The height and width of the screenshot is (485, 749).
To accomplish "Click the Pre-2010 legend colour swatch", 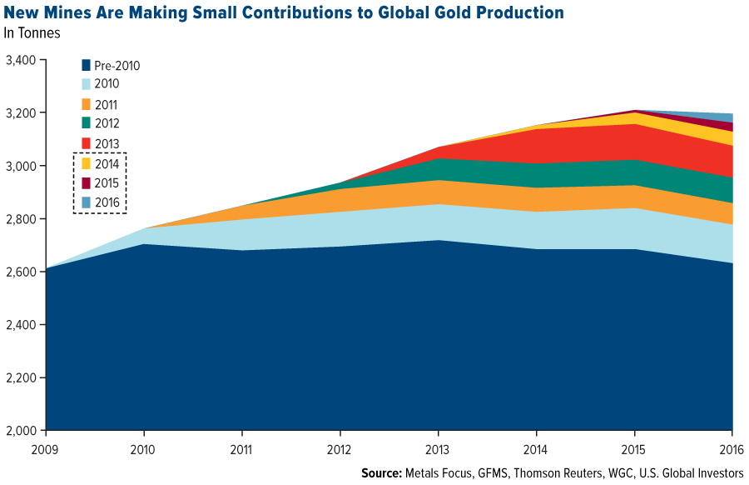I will coord(85,65).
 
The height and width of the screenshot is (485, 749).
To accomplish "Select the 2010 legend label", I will coord(107,84).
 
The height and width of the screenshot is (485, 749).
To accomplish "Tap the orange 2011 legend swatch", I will coord(85,104).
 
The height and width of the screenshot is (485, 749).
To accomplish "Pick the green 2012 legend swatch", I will coord(85,123).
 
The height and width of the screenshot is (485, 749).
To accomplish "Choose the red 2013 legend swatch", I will coord(85,142).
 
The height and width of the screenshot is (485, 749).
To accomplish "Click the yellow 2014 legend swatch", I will coord(85,163).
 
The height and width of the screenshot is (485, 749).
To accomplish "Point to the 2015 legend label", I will coord(107,182).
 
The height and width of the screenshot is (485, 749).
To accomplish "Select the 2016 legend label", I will coord(107,202).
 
